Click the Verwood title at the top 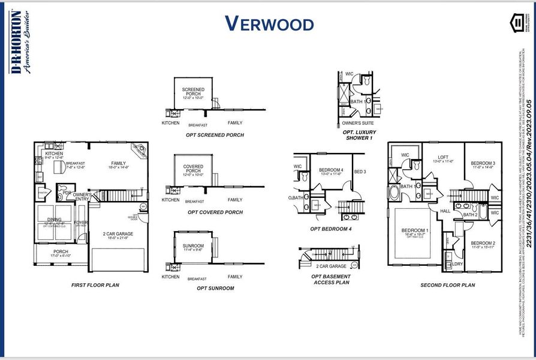pyautogui.click(x=269, y=24)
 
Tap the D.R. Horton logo pyautogui.click(x=16, y=42)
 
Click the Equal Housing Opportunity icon pyautogui.click(x=517, y=23)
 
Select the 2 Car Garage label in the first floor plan pyautogui.click(x=118, y=234)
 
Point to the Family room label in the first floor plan pyautogui.click(x=118, y=163)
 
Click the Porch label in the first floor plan pyautogui.click(x=61, y=252)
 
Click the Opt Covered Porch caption pyautogui.click(x=215, y=212)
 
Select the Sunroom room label pyautogui.click(x=193, y=246)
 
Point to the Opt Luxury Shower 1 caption pyautogui.click(x=358, y=135)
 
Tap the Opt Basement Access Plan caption pyautogui.click(x=331, y=279)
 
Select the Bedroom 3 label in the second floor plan pyautogui.click(x=482, y=164)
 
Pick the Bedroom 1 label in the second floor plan pyautogui.click(x=415, y=231)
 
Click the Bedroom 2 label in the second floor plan pyautogui.click(x=483, y=243)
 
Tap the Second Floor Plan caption pyautogui.click(x=447, y=285)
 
